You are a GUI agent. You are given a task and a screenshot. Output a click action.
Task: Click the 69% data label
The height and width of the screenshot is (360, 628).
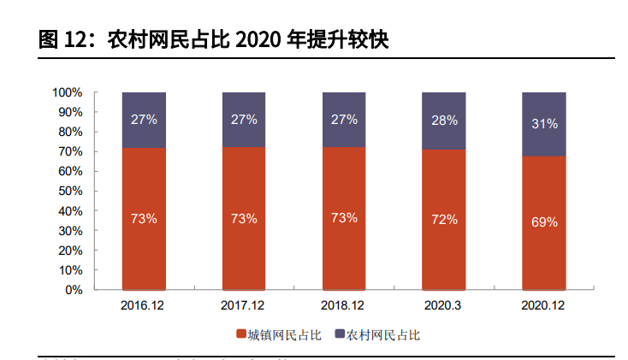coord(544,221)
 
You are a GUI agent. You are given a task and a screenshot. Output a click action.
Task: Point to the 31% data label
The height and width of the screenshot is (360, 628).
coord(544,123)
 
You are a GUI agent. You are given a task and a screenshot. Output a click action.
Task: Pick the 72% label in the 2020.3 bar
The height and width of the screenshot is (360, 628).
coord(444,219)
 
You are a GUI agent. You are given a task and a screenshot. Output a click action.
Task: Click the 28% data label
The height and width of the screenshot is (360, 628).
coord(444,120)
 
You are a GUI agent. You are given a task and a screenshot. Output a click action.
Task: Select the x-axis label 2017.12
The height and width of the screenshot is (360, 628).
coord(244,304)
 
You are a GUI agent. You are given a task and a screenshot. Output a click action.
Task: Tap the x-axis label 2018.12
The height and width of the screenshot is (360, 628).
coord(344,304)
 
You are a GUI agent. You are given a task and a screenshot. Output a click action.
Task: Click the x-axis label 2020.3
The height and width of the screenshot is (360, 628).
coord(444,304)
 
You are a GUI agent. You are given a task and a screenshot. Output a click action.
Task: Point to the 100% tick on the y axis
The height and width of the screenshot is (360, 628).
coord(67,91)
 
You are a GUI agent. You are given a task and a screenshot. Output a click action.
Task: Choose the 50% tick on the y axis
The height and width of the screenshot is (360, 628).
coord(70,191)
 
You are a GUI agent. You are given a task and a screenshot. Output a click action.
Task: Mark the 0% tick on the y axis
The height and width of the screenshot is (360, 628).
coord(74,290)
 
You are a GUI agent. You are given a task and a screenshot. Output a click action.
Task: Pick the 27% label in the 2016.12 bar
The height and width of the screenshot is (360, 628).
coord(144,119)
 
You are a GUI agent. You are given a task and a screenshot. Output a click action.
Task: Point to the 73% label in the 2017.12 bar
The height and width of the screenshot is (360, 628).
coord(244,218)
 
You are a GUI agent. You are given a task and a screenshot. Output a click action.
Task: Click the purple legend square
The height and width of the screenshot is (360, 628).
coord(340,335)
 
